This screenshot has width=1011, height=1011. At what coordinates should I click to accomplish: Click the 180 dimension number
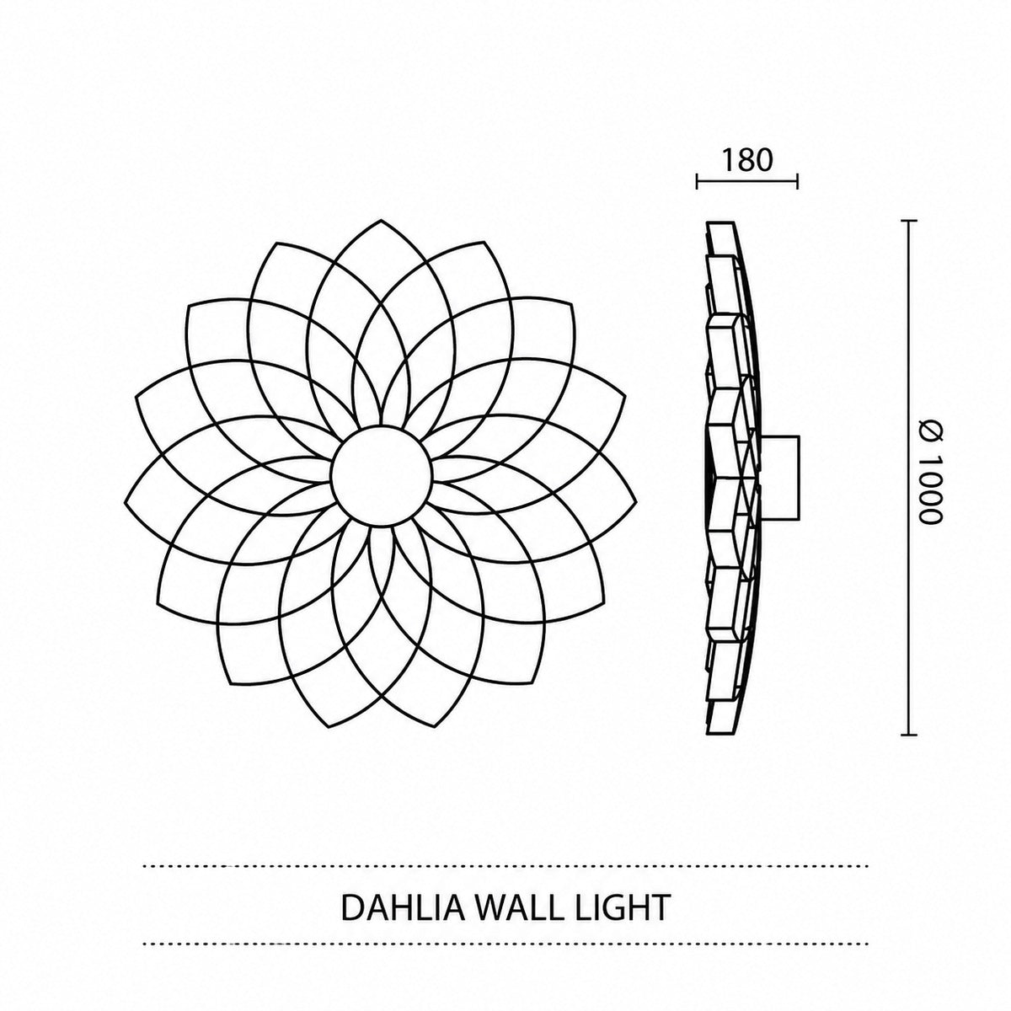click(x=747, y=160)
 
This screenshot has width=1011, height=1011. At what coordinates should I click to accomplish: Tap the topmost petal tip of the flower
click(x=382, y=220)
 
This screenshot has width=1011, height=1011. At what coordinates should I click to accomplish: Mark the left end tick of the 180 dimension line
click(x=696, y=181)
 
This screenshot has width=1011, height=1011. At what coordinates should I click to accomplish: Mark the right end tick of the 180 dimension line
click(x=798, y=181)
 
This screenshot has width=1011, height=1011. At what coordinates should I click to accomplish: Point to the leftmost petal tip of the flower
click(x=125, y=503)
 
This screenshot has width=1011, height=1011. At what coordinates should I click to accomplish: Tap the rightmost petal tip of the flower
click(x=637, y=503)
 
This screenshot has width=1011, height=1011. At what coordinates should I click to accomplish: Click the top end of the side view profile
click(x=719, y=222)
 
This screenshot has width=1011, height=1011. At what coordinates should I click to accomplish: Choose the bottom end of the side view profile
click(x=719, y=734)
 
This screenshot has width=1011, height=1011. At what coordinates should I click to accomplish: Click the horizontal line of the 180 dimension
click(x=747, y=181)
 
